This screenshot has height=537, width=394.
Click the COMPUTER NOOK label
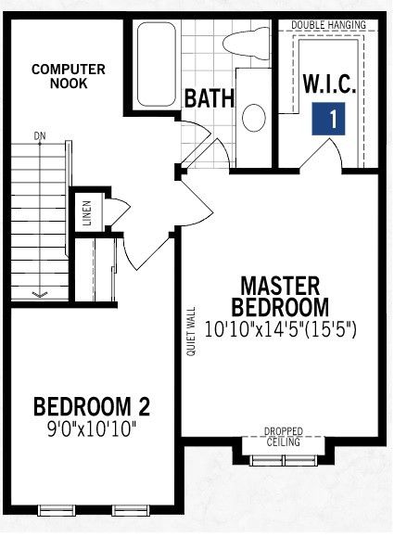[69, 76]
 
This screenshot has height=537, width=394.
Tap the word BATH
[210, 98]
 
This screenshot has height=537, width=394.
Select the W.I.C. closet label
[329, 83]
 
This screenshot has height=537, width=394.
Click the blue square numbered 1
[328, 119]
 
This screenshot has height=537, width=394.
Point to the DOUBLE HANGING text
[328, 25]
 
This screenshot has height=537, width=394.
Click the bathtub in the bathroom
[157, 64]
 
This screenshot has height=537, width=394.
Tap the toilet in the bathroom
[246, 44]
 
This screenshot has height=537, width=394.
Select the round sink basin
[254, 118]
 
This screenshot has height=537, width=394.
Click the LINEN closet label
[87, 213]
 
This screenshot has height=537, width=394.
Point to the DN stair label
[40, 136]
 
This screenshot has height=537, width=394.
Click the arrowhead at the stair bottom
[40, 294]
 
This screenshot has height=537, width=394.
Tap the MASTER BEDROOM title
[280, 297]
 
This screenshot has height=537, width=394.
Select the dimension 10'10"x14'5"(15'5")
[280, 330]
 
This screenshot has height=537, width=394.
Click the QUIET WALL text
[191, 331]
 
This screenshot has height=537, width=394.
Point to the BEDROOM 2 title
[92, 406]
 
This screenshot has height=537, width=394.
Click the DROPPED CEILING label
[284, 437]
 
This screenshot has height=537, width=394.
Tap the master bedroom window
[284, 460]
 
